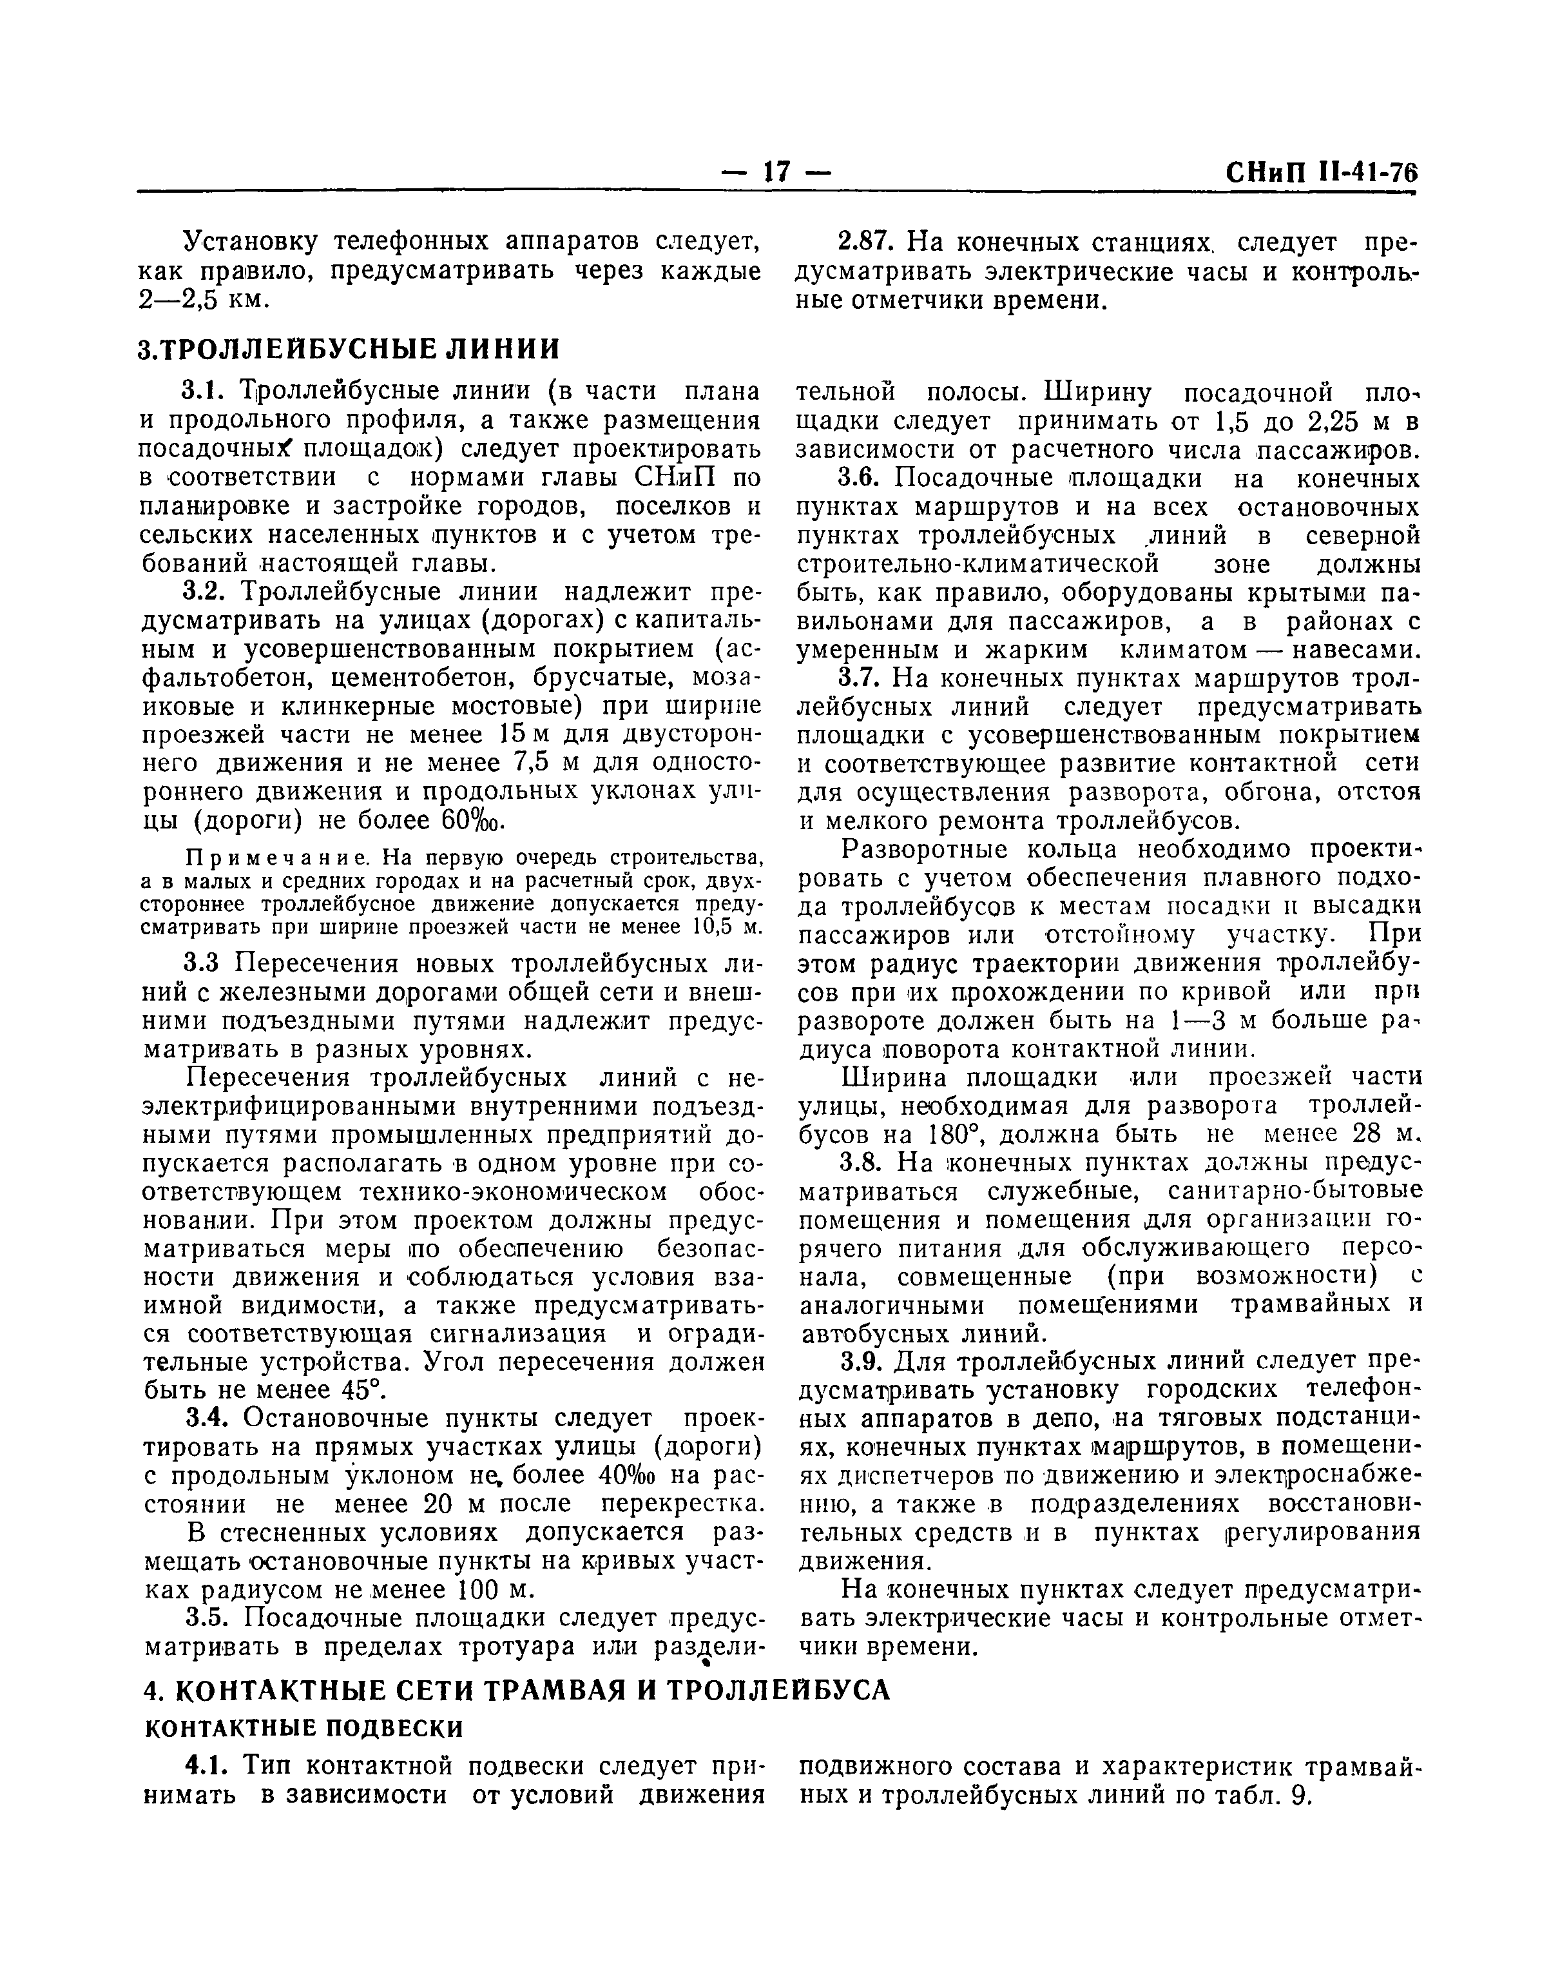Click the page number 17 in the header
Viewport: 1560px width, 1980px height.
pyautogui.click(x=776, y=172)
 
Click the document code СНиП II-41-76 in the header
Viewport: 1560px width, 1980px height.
pyautogui.click(x=1317, y=173)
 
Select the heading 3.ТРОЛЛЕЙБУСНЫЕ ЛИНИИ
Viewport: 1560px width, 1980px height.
pyautogui.click(x=348, y=348)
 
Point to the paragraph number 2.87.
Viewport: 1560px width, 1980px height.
pyautogui.click(x=860, y=243)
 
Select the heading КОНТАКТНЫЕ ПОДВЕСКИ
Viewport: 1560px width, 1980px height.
pyautogui.click(x=304, y=1729)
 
